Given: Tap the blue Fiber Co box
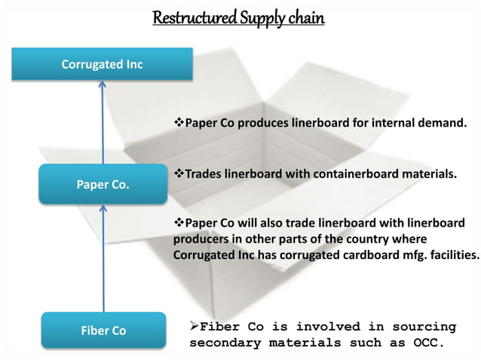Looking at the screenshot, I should click(x=103, y=330).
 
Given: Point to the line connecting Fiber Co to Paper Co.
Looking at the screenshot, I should click(x=102, y=256).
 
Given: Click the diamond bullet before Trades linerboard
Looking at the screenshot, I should click(x=179, y=174).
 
